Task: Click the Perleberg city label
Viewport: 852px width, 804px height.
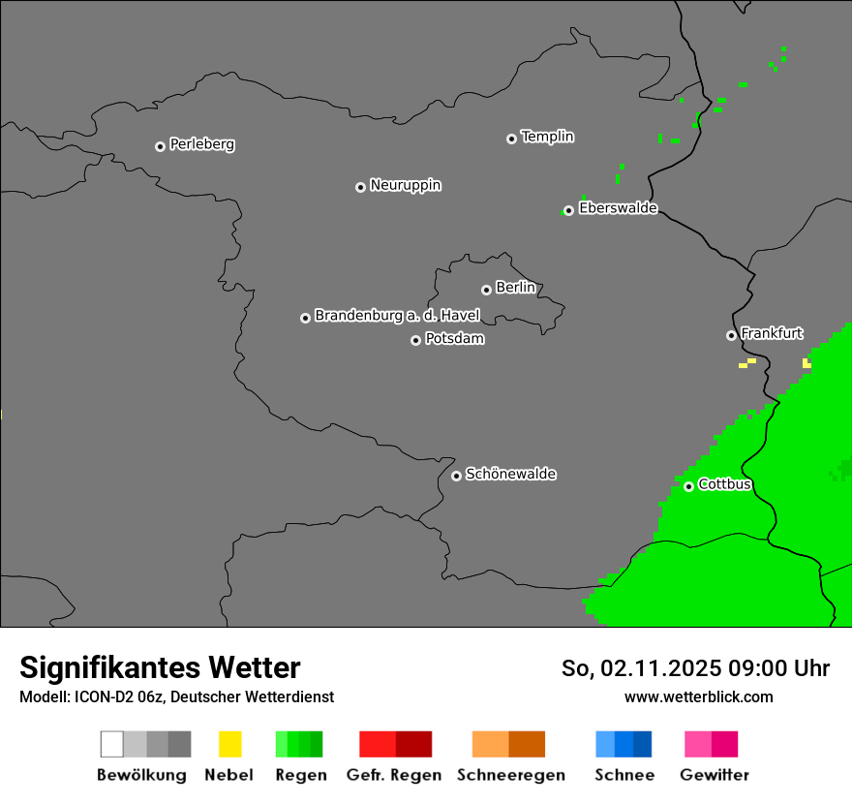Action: click(201, 144)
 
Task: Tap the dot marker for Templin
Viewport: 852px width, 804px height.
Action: click(511, 139)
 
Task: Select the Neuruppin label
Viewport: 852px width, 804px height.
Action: click(405, 185)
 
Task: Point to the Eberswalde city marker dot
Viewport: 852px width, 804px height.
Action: click(568, 210)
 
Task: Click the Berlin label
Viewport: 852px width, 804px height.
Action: click(515, 288)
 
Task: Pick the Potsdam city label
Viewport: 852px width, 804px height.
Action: click(454, 339)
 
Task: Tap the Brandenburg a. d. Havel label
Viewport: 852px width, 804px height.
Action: click(397, 316)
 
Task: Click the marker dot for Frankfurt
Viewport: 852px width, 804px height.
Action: click(731, 335)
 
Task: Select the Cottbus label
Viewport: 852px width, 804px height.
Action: click(724, 484)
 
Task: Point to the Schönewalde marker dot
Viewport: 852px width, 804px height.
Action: click(456, 476)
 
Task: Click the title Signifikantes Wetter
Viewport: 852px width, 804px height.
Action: click(160, 668)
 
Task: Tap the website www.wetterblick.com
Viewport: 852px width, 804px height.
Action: click(698, 697)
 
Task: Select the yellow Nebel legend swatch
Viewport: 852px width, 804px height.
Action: click(229, 744)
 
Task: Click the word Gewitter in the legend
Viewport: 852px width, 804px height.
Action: click(715, 775)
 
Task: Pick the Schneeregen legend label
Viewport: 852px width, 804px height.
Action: click(510, 775)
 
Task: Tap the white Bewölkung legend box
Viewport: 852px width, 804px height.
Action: click(112, 744)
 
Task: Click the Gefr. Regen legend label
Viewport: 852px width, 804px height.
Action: click(394, 775)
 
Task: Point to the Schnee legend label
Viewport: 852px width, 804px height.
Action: click(624, 775)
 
